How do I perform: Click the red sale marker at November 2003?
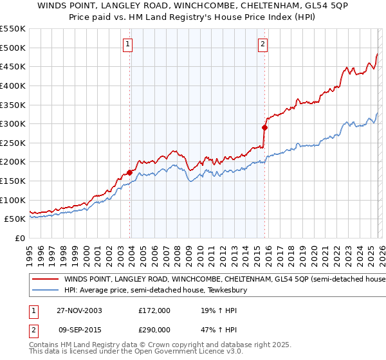pyautogui.click(x=130, y=172)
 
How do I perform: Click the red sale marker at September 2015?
pyautogui.click(x=264, y=127)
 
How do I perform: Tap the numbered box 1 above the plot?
pyautogui.click(x=128, y=44)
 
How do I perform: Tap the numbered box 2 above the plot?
pyautogui.click(x=263, y=44)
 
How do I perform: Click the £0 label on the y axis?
pyautogui.click(x=19, y=239)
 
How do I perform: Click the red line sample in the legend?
pyautogui.click(x=45, y=280)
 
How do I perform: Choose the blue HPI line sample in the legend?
pyautogui.click(x=45, y=291)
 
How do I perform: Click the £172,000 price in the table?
pyautogui.click(x=154, y=310)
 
